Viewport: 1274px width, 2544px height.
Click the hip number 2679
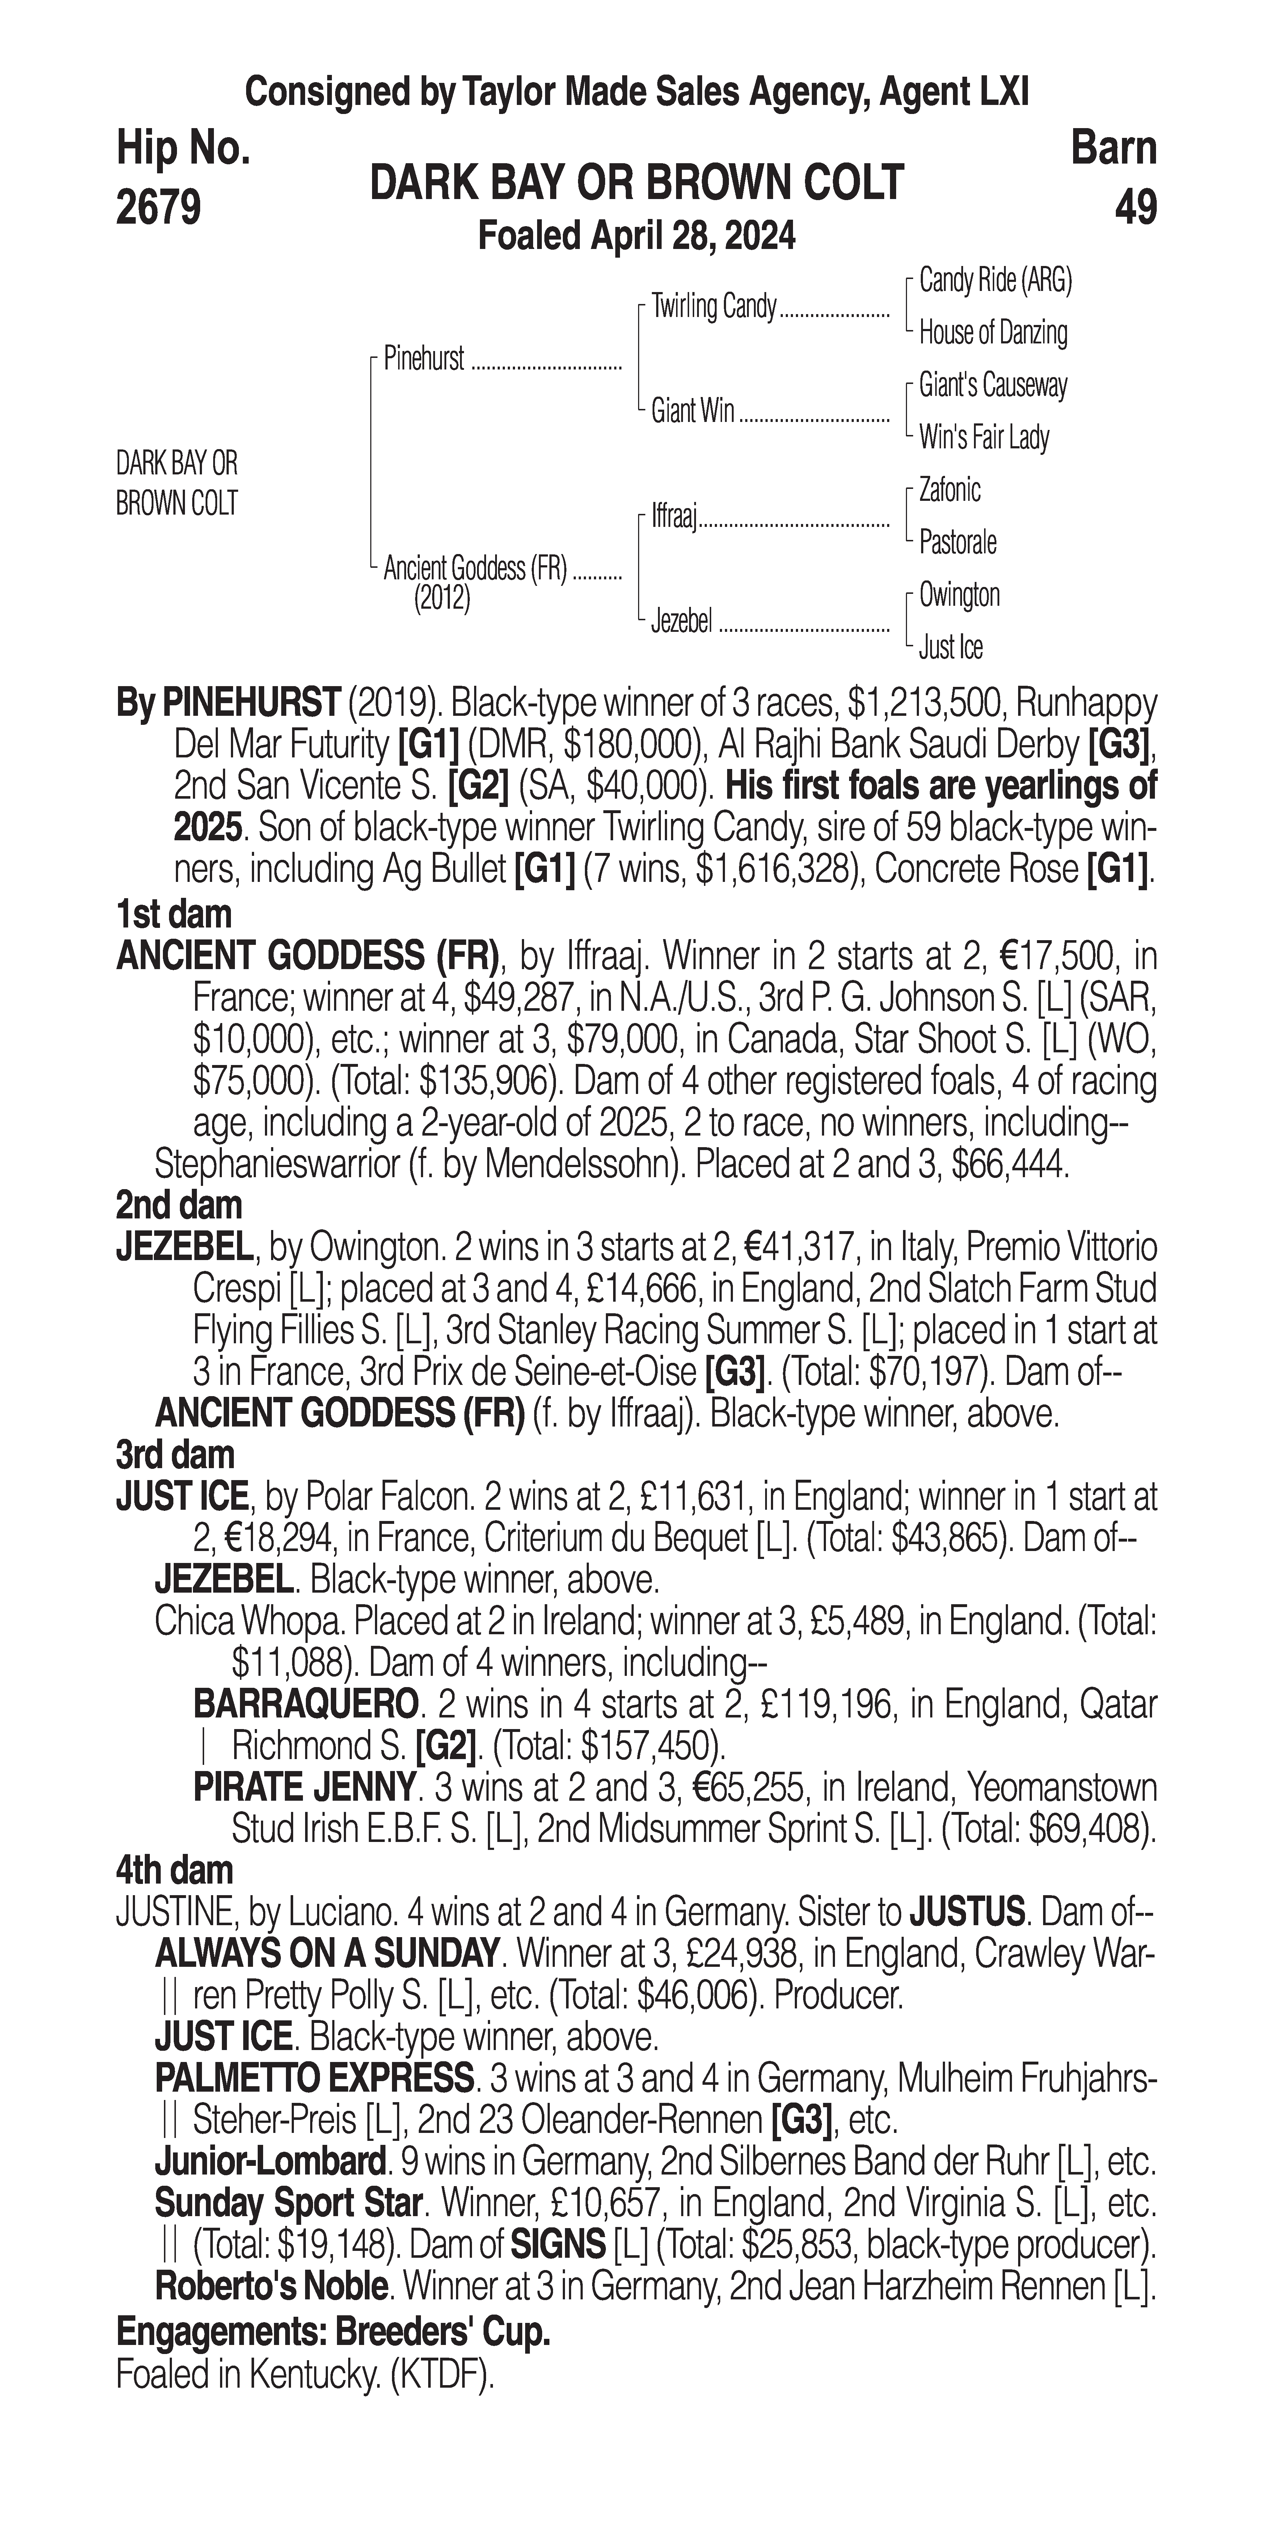(x=159, y=207)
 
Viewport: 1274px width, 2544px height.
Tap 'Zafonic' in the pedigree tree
(x=949, y=490)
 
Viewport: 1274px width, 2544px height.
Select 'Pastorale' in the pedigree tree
(x=957, y=542)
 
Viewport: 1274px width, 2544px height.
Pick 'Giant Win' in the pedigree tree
(x=692, y=411)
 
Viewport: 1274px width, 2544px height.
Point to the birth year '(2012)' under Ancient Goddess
(x=442, y=599)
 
